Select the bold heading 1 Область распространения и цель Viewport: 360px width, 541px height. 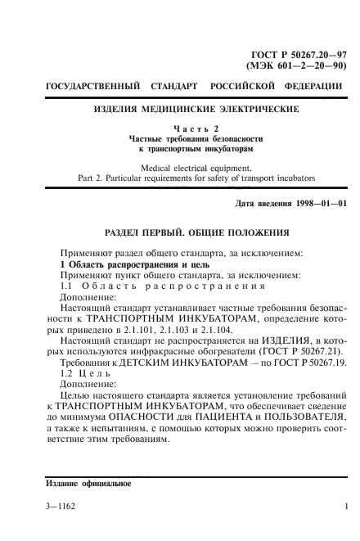[x=124, y=264]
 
